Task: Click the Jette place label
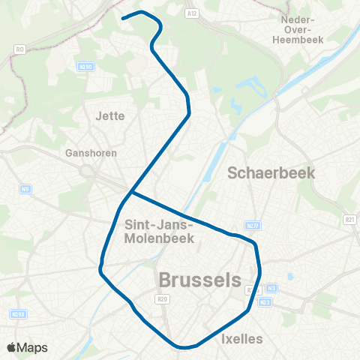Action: pos(110,115)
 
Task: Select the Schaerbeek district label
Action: pos(271,172)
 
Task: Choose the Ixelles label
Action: pos(242,339)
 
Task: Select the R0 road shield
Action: pos(19,49)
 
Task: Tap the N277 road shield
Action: pos(252,225)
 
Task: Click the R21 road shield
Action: pos(349,218)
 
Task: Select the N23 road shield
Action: pos(264,302)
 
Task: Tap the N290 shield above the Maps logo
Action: pos(18,313)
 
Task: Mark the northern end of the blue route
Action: pos(122,16)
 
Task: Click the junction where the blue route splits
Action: pos(131,193)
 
